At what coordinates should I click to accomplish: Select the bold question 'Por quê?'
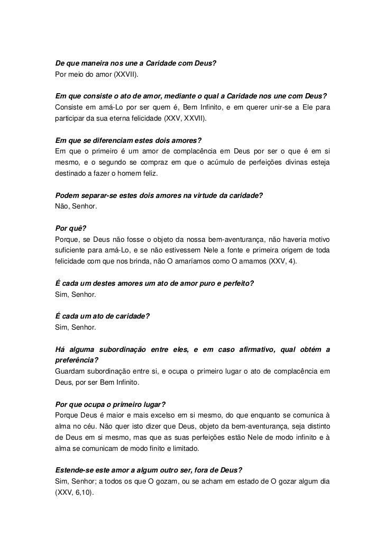67,229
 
